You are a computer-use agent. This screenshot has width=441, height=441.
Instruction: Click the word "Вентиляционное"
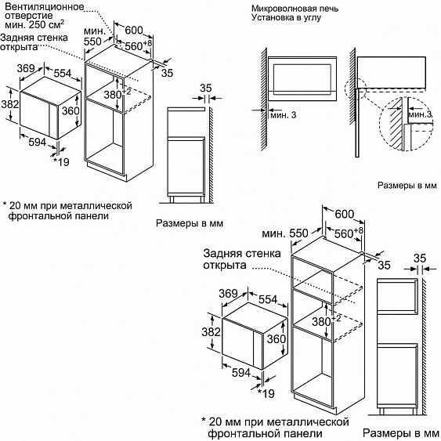tap(45, 6)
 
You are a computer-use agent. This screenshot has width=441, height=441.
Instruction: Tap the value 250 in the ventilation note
tap(38, 25)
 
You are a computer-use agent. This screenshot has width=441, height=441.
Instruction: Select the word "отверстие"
tap(29, 16)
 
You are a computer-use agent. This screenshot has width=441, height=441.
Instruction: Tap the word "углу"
tap(312, 18)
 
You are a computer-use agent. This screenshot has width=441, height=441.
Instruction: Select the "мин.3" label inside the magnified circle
tap(420, 114)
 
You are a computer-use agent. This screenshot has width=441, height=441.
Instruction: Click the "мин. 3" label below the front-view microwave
tap(284, 114)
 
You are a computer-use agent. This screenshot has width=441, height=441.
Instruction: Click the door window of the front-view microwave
tap(302, 78)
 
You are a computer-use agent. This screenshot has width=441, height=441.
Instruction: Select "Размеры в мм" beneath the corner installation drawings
tap(407, 186)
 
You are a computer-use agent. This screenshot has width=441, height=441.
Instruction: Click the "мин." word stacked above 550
tap(95, 31)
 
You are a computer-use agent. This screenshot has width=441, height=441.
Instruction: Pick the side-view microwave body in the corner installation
tap(391, 72)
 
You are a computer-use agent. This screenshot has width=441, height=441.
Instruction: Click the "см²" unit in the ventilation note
tap(57, 24)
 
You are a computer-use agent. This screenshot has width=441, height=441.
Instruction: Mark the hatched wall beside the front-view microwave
tap(264, 99)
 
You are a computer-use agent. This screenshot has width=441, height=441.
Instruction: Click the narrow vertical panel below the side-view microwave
tap(357, 123)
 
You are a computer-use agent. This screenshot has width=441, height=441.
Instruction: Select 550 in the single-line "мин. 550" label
tap(299, 233)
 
